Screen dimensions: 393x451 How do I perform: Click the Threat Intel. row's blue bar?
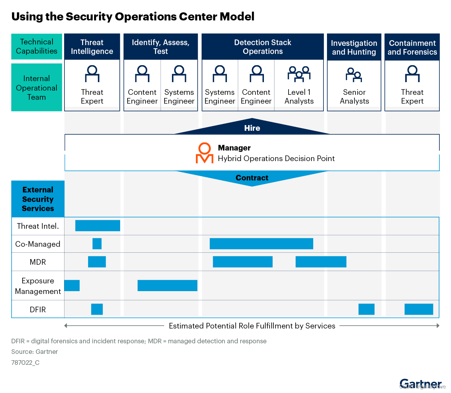(98, 226)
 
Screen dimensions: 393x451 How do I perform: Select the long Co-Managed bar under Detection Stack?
(261, 244)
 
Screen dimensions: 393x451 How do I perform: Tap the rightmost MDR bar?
(321, 262)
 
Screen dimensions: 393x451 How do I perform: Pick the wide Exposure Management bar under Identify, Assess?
(167, 285)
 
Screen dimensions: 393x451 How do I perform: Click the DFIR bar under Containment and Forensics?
(419, 309)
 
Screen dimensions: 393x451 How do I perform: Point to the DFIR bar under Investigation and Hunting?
(366, 309)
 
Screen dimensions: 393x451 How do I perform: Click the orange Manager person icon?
(204, 153)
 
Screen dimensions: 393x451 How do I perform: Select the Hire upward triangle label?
(252, 128)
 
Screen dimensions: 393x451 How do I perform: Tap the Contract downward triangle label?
(252, 178)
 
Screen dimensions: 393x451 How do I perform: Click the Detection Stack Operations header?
(262, 47)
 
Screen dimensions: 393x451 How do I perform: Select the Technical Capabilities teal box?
(37, 47)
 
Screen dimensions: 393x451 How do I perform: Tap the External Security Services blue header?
(38, 199)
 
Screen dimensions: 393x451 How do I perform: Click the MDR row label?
(38, 262)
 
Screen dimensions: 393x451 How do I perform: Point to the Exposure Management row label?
(38, 286)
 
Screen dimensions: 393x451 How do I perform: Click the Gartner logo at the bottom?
(420, 383)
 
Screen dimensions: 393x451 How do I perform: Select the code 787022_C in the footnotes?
(25, 363)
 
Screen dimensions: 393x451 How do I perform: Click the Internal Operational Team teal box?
(37, 87)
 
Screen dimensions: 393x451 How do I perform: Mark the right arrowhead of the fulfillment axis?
(438, 326)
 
